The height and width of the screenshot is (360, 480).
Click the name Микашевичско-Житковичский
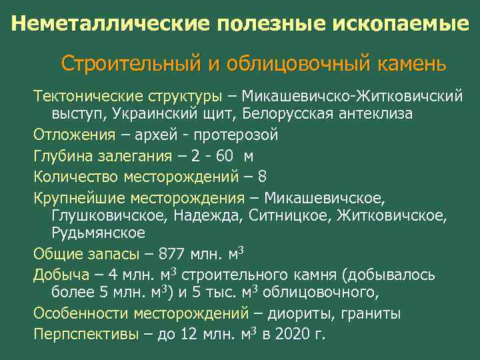coord(353,96)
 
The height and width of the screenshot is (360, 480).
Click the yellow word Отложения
coord(74,135)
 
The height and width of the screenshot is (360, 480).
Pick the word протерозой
coord(236,135)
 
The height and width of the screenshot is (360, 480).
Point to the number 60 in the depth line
coord(225,156)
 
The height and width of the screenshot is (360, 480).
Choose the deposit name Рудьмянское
coord(98,233)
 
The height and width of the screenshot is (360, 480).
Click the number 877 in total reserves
coord(167,253)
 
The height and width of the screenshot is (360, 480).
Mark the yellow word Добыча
coord(61,275)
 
